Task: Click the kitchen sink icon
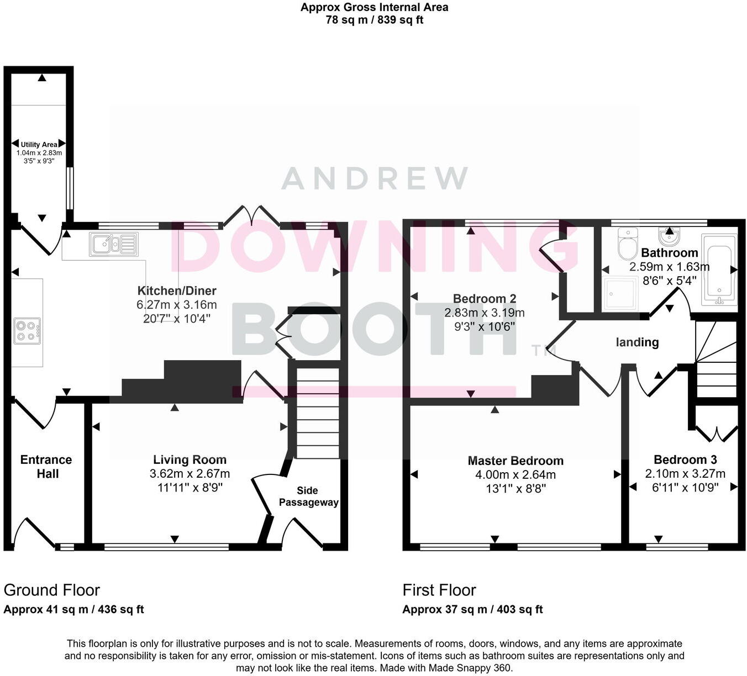click(113, 244)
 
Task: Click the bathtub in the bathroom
click(719, 269)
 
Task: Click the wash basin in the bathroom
click(670, 237)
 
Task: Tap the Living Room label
click(190, 460)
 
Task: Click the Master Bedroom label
click(515, 461)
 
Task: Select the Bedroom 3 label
click(685, 460)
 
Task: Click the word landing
click(637, 342)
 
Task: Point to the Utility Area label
click(39, 145)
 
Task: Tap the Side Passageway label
click(308, 496)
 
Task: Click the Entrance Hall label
click(46, 467)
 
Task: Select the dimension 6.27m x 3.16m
click(176, 305)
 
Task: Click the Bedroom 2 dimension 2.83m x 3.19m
click(485, 313)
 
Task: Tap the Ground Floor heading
click(51, 590)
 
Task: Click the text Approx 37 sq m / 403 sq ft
click(472, 609)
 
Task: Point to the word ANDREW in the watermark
click(375, 178)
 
